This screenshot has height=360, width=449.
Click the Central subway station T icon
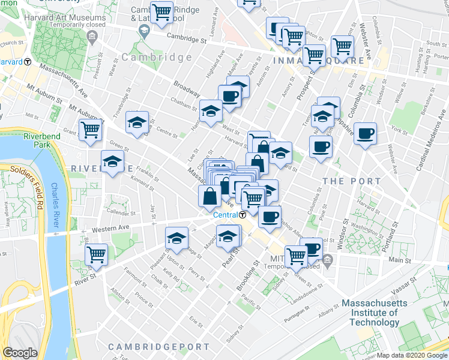tap(243, 215)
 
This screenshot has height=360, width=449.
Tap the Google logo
tap(20, 353)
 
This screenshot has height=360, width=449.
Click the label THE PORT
tap(351, 181)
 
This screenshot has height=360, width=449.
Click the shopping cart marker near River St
tap(96, 254)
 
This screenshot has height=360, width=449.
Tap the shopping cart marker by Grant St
tap(90, 128)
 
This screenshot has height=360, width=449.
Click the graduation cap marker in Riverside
tap(112, 162)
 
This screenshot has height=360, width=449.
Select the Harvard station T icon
tap(28, 62)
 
